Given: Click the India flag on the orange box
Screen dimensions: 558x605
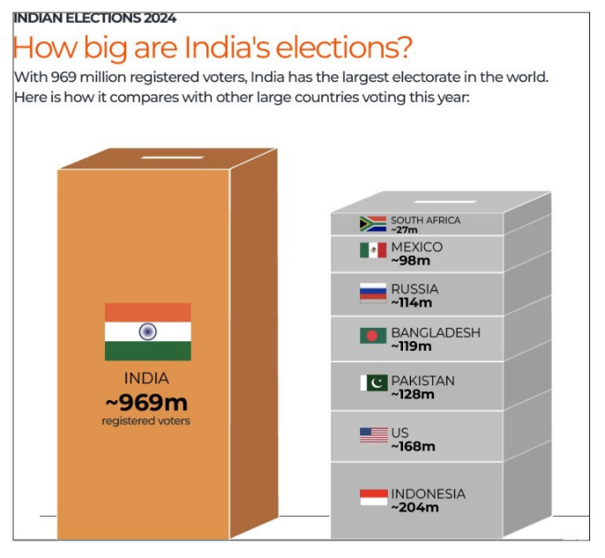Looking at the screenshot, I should [x=147, y=331].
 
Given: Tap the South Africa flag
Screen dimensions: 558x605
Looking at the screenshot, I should [x=373, y=224].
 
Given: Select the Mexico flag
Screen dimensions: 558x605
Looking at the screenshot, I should [x=373, y=250].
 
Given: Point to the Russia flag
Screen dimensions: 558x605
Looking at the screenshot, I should [x=373, y=293].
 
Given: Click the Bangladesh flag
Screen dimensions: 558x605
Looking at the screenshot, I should [x=373, y=336].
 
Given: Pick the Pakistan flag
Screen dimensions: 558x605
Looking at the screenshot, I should [x=373, y=383].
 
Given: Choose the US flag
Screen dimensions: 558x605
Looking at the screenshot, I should [x=373, y=435].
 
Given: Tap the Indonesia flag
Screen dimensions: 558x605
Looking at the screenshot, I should [x=373, y=497].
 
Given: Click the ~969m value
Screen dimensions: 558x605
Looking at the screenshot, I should [x=146, y=403].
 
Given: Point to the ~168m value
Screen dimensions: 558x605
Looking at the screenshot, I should [x=413, y=446].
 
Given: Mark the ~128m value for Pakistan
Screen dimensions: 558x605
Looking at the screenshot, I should [x=413, y=394].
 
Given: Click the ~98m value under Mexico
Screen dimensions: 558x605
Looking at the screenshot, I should [x=411, y=260].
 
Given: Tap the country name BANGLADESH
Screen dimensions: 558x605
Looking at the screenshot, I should [x=436, y=332].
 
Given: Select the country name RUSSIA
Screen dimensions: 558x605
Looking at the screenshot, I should [x=415, y=289].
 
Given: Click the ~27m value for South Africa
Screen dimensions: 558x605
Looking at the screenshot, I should [x=404, y=229].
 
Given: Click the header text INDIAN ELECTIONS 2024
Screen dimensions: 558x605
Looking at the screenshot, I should [x=95, y=18].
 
